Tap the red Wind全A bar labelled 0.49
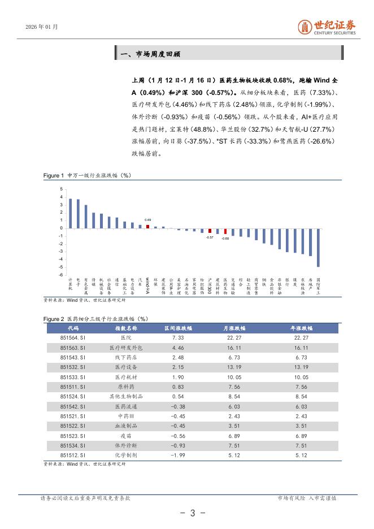(x=147, y=226)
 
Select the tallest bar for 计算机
(x=70, y=213)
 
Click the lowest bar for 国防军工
(x=318, y=247)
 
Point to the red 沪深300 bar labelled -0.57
(x=210, y=231)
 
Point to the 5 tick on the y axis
(x=62, y=189)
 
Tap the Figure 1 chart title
(x=87, y=176)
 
